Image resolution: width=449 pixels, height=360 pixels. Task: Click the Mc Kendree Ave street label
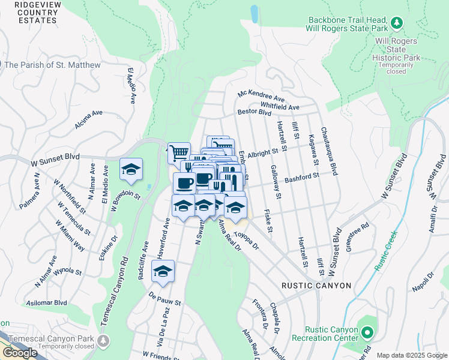point(261,96)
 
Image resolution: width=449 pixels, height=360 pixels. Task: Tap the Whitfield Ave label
point(279,107)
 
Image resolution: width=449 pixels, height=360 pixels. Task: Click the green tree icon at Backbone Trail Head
point(396,23)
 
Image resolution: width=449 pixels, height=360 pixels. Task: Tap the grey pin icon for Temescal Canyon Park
point(104,340)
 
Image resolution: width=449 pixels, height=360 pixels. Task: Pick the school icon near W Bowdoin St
point(131,169)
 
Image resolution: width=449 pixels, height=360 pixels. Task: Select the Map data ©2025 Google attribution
point(412,356)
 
